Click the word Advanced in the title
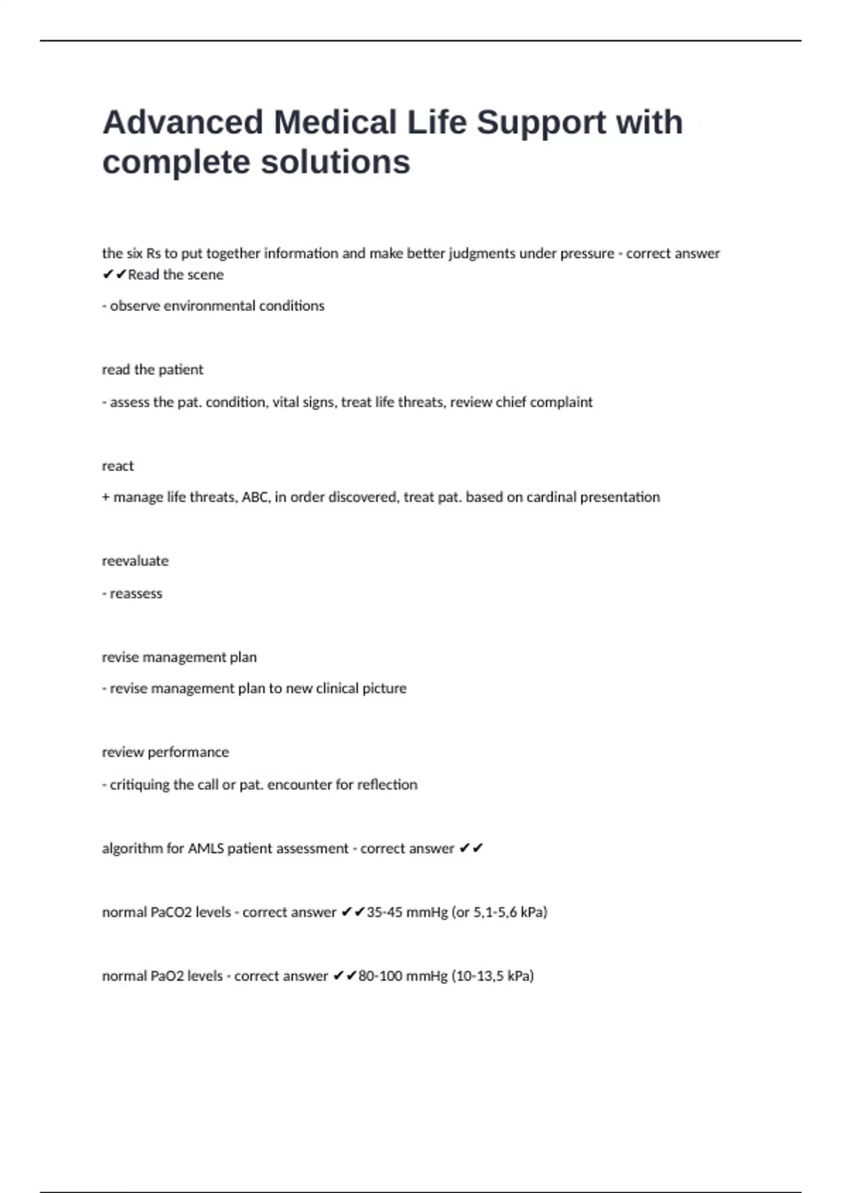182,122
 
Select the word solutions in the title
335,162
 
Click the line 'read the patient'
152,370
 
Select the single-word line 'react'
117,466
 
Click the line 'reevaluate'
135,561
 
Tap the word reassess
135,594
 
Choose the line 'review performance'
165,752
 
